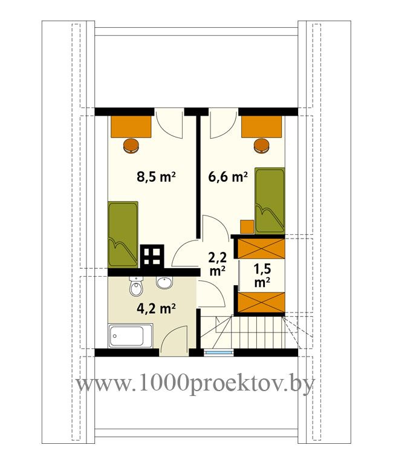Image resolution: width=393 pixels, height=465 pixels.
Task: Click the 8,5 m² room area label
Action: [x=156, y=177]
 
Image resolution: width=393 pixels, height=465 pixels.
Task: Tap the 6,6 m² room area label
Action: [x=228, y=177]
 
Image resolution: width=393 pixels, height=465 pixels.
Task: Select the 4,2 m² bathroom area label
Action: [x=156, y=309]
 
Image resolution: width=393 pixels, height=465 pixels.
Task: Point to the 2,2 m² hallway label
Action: [x=218, y=263]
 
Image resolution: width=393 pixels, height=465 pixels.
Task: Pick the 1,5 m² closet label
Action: [x=262, y=275]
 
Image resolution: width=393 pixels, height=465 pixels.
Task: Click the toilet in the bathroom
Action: [x=136, y=286]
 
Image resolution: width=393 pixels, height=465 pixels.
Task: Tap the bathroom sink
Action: [x=164, y=283]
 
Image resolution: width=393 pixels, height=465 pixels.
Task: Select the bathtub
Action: [x=131, y=335]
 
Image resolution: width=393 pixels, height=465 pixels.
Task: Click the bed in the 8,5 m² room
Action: [x=123, y=234]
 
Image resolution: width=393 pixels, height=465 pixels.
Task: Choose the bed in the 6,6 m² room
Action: [x=270, y=201]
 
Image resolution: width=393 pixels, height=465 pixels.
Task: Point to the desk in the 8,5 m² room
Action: [x=131, y=127]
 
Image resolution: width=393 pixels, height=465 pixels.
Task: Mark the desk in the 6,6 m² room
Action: [x=262, y=127]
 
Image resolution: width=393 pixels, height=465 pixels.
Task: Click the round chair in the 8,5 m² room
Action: [x=131, y=146]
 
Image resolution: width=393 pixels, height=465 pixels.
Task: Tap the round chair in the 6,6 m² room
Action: [x=262, y=146]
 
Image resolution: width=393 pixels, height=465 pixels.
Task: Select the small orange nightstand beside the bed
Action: [x=247, y=227]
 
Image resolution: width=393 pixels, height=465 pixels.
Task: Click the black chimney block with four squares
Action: [x=152, y=256]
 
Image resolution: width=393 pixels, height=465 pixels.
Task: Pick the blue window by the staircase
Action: [x=219, y=352]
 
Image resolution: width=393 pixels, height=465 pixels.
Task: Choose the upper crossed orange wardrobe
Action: [x=262, y=248]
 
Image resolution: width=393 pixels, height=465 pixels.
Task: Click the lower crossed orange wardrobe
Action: [x=262, y=302]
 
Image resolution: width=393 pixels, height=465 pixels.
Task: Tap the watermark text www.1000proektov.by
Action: [x=196, y=384]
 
